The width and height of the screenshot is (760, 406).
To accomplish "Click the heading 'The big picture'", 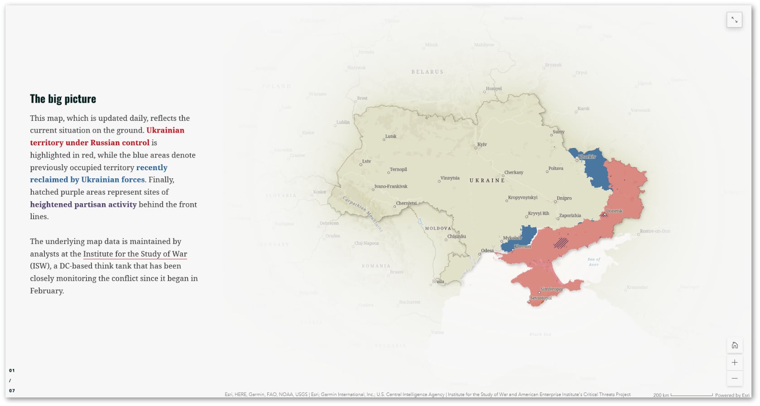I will tap(63, 99).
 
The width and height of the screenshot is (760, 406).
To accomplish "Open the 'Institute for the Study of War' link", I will tap(135, 254).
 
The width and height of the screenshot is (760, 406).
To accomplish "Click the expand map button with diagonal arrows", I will tap(734, 20).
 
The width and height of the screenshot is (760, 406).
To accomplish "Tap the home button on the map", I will tap(734, 345).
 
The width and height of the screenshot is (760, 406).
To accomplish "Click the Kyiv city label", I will tap(482, 144).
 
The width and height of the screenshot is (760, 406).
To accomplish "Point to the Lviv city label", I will tap(366, 161).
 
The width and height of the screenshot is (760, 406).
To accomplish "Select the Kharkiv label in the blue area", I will tap(587, 157).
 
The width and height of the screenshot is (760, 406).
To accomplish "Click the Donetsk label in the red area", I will tap(614, 211).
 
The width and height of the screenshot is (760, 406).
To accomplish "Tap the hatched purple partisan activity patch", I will tap(561, 243).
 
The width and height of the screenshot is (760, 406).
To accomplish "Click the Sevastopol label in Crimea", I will tap(541, 298).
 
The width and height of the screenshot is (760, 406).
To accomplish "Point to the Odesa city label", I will tap(487, 251).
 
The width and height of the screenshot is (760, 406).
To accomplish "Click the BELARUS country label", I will tap(427, 72).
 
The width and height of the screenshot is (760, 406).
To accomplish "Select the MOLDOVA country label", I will tap(438, 228).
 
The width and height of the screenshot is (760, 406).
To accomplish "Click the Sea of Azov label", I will tap(594, 262).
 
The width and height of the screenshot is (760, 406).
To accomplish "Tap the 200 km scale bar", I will tap(691, 395).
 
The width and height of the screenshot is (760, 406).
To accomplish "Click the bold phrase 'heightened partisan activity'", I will tap(83, 205).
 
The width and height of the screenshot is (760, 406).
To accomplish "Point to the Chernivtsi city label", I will tap(406, 203).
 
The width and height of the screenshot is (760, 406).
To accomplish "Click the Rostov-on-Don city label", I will tap(655, 231).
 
